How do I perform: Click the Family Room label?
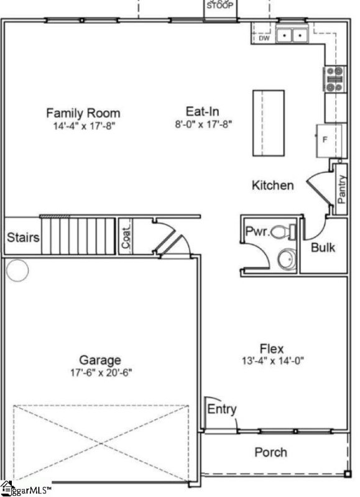tap(83, 113)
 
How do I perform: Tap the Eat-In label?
tap(202, 112)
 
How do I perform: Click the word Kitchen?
tap(272, 185)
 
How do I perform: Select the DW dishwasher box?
tap(264, 38)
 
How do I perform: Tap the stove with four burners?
tap(335, 79)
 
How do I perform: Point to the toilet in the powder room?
tap(285, 232)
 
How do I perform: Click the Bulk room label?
tap(323, 247)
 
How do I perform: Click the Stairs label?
tap(24, 237)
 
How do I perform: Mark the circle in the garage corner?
tap(17, 270)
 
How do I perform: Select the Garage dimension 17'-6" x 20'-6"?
tap(100, 372)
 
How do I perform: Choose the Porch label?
tap(271, 452)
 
